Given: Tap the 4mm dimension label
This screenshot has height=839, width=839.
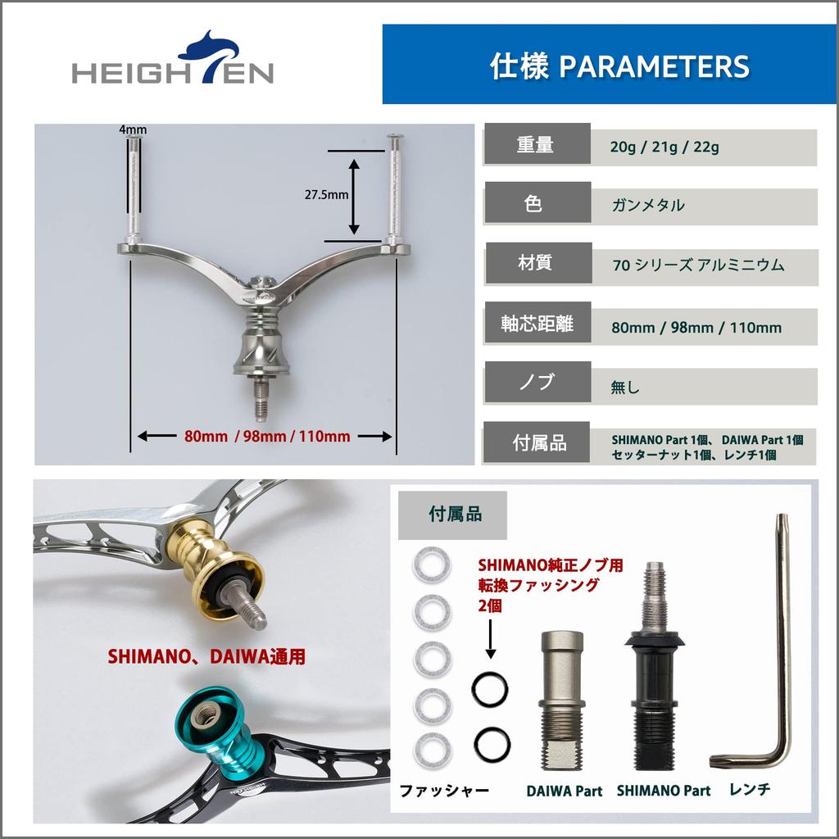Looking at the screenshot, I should [x=133, y=129].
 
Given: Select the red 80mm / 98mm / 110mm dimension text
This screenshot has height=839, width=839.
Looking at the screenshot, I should [x=268, y=437].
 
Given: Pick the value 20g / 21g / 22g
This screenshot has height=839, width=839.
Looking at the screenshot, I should [x=664, y=148].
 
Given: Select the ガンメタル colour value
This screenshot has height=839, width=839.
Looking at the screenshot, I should [x=647, y=206].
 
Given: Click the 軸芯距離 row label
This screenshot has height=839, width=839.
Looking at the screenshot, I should [x=537, y=323].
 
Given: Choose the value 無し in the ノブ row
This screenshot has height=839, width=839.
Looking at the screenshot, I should [x=625, y=387].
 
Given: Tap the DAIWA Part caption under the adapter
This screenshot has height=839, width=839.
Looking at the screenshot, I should [x=564, y=791].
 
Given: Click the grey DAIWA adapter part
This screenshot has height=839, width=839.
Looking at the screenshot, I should [x=562, y=701].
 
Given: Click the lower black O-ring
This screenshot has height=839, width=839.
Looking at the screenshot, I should [x=491, y=743].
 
